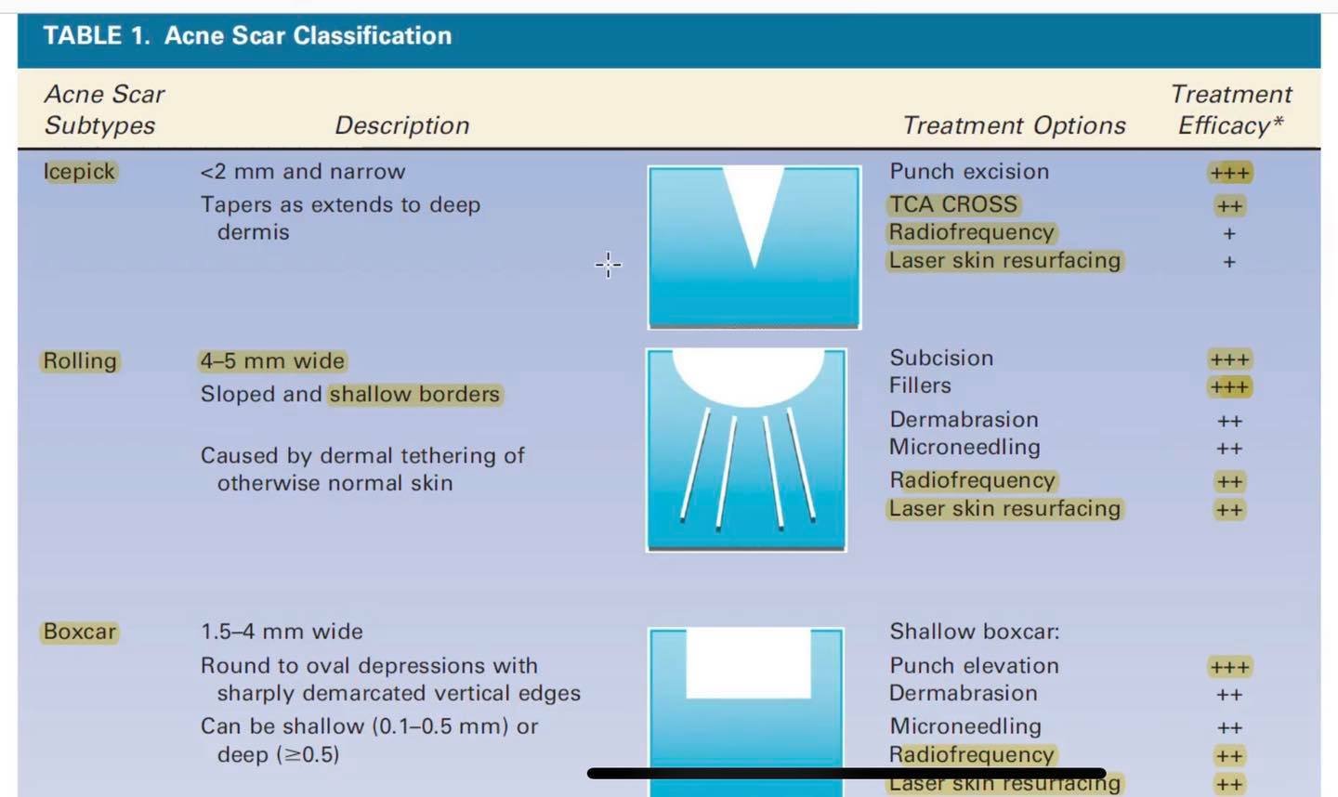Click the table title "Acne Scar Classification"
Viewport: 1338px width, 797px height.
pos(308,36)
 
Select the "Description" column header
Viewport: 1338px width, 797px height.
pos(402,126)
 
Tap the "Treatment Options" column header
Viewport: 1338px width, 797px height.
pos(1014,126)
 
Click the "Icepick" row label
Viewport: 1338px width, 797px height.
pos(79,172)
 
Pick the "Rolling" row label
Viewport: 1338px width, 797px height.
pos(80,361)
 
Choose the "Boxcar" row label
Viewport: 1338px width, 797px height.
pos(80,632)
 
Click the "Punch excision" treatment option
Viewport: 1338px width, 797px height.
pos(969,172)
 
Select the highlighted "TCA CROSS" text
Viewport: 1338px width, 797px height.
pos(953,204)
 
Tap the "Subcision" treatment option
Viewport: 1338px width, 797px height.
pos(941,359)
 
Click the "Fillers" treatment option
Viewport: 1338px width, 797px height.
pos(920,385)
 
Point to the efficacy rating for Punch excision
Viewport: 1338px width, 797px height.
pos(1229,173)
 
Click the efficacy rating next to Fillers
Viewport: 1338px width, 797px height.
pos(1229,387)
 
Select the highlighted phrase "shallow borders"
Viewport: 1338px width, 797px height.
pos(414,394)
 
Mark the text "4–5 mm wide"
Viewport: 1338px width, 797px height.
pos(272,361)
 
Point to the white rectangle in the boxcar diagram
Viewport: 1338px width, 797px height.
pos(749,663)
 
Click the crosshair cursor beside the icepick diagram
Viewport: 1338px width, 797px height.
pos(608,265)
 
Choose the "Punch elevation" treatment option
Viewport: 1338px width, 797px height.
pos(974,666)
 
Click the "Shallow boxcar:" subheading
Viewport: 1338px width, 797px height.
pos(974,632)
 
